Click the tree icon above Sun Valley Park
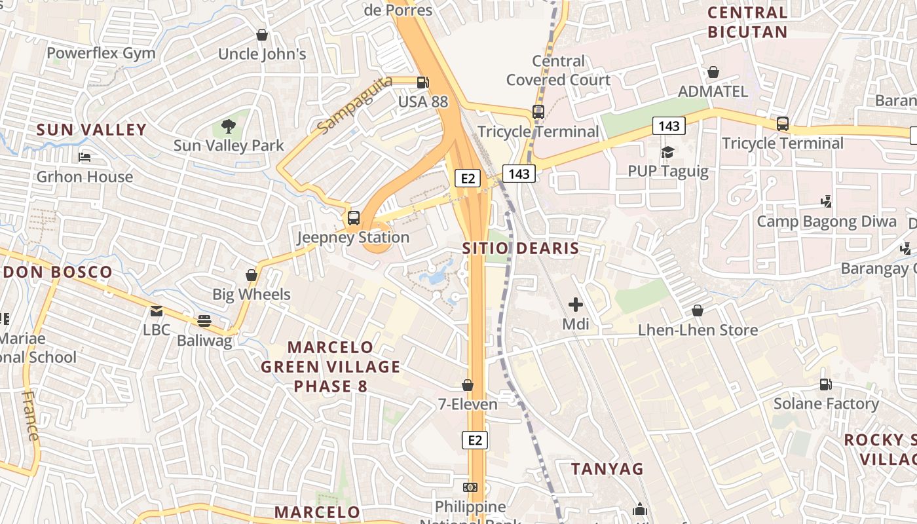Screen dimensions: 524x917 (229, 126)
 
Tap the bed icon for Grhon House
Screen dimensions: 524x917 (84, 157)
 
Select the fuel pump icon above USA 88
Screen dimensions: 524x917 (423, 83)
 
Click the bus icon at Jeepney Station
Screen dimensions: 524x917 (354, 218)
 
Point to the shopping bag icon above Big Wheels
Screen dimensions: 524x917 (252, 275)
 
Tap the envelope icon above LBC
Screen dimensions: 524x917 (156, 311)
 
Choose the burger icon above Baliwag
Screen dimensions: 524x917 (204, 321)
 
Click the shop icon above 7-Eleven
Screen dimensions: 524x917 (468, 385)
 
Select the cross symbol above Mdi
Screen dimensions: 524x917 (576, 305)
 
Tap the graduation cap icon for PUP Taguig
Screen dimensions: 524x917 (667, 153)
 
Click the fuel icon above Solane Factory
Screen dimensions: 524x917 (825, 384)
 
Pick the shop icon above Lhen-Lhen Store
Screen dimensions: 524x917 (698, 310)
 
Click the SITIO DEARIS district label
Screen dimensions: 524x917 (521, 248)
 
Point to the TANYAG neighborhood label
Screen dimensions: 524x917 (607, 469)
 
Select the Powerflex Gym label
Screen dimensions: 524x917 (101, 53)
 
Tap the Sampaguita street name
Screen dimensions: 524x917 (354, 105)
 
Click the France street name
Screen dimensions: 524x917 (31, 415)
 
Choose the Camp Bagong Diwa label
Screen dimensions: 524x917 (827, 221)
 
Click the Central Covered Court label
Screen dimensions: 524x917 (558, 71)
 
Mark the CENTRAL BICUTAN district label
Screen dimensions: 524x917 (747, 22)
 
